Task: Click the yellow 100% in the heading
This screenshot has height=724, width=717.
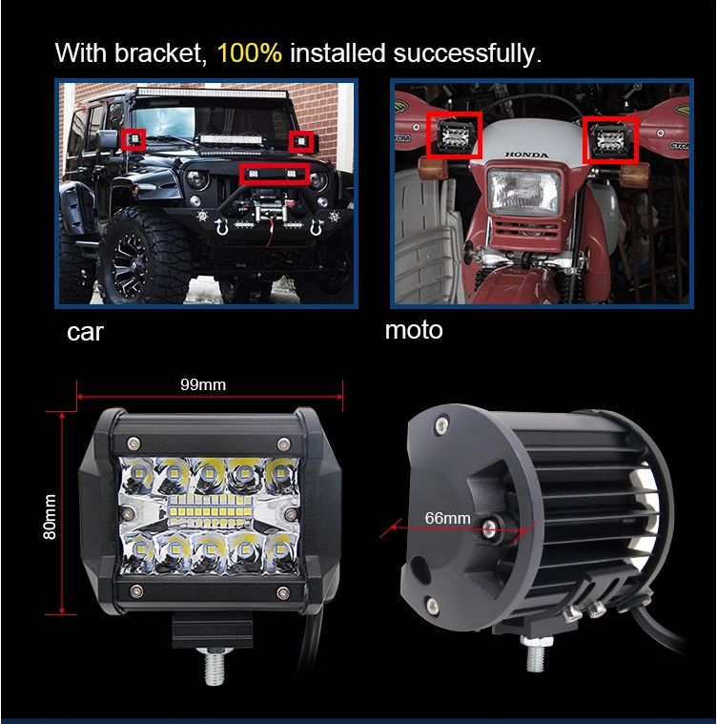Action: click(249, 52)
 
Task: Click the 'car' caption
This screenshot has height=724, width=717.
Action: click(86, 332)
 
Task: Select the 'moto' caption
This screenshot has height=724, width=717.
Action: click(414, 330)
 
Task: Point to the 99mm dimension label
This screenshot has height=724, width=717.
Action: click(203, 384)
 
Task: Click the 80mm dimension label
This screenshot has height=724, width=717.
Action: click(50, 516)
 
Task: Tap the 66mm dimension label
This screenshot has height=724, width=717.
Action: click(447, 518)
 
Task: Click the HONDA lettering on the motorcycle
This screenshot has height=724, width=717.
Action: click(526, 155)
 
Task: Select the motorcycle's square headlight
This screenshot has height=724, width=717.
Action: click(524, 191)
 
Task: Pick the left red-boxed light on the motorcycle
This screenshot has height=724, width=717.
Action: click(455, 134)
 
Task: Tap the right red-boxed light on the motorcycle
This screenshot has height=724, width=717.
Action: click(610, 139)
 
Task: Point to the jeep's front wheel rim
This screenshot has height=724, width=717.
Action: click(130, 260)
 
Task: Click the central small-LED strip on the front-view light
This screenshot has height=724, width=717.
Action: click(210, 512)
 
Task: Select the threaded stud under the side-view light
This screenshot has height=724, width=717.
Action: click(535, 653)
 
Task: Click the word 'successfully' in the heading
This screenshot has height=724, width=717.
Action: click(467, 53)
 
